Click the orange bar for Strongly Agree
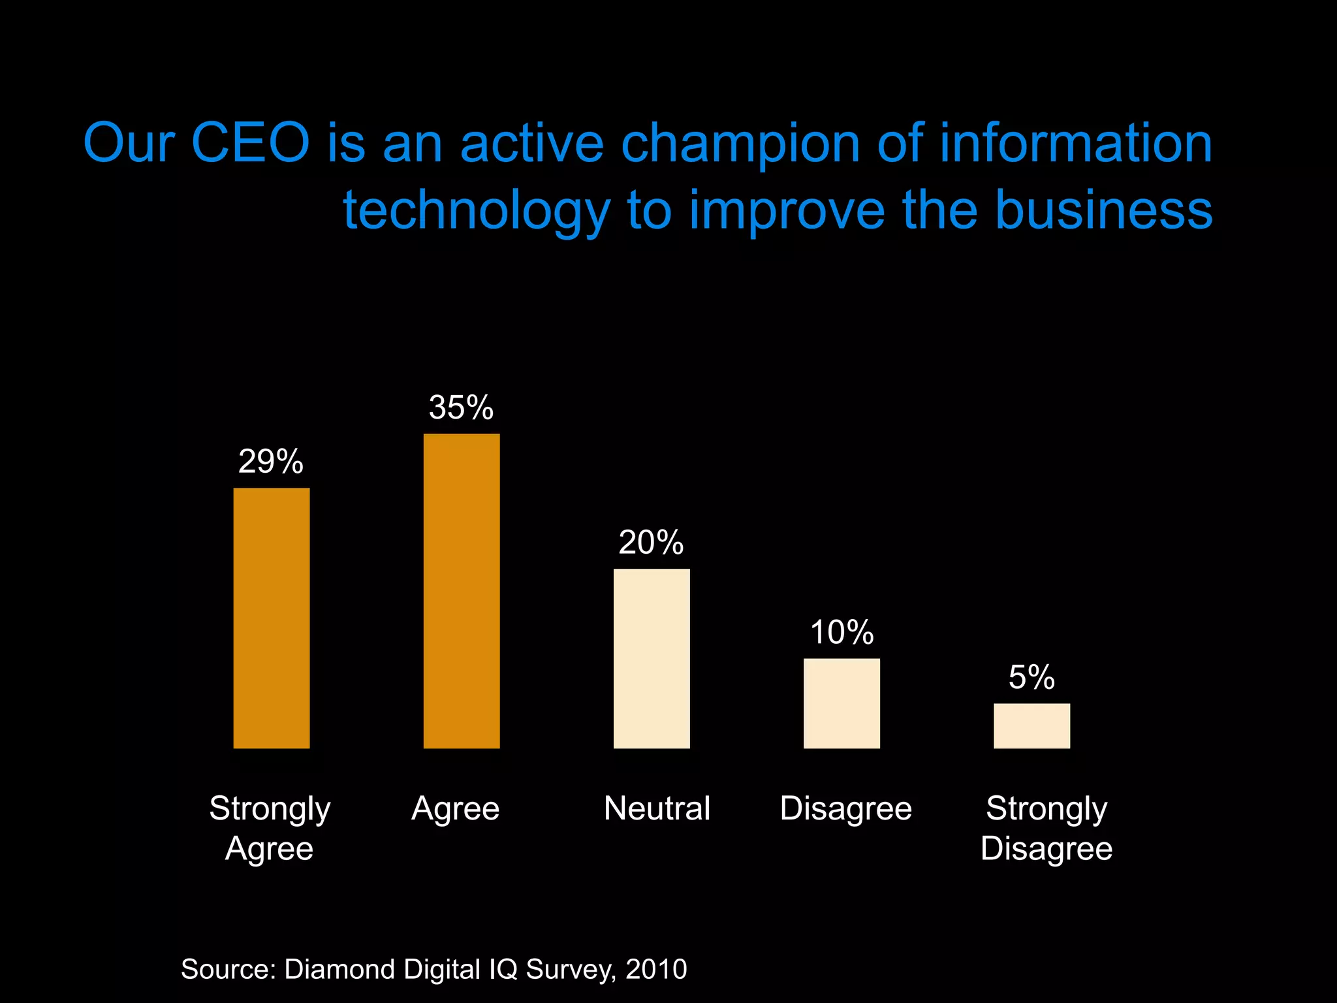click(272, 618)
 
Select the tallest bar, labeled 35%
click(462, 591)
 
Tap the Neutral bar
click(652, 658)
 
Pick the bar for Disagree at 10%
click(842, 703)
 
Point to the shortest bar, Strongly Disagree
click(1031, 725)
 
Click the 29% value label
click(271, 462)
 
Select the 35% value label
click(461, 407)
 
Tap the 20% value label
click(651, 543)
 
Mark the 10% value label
click(842, 632)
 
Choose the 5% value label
click(1031, 677)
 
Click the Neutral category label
click(657, 808)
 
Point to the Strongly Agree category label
click(270, 828)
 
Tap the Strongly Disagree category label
click(1046, 828)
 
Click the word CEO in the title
click(250, 142)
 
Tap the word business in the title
click(1105, 210)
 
